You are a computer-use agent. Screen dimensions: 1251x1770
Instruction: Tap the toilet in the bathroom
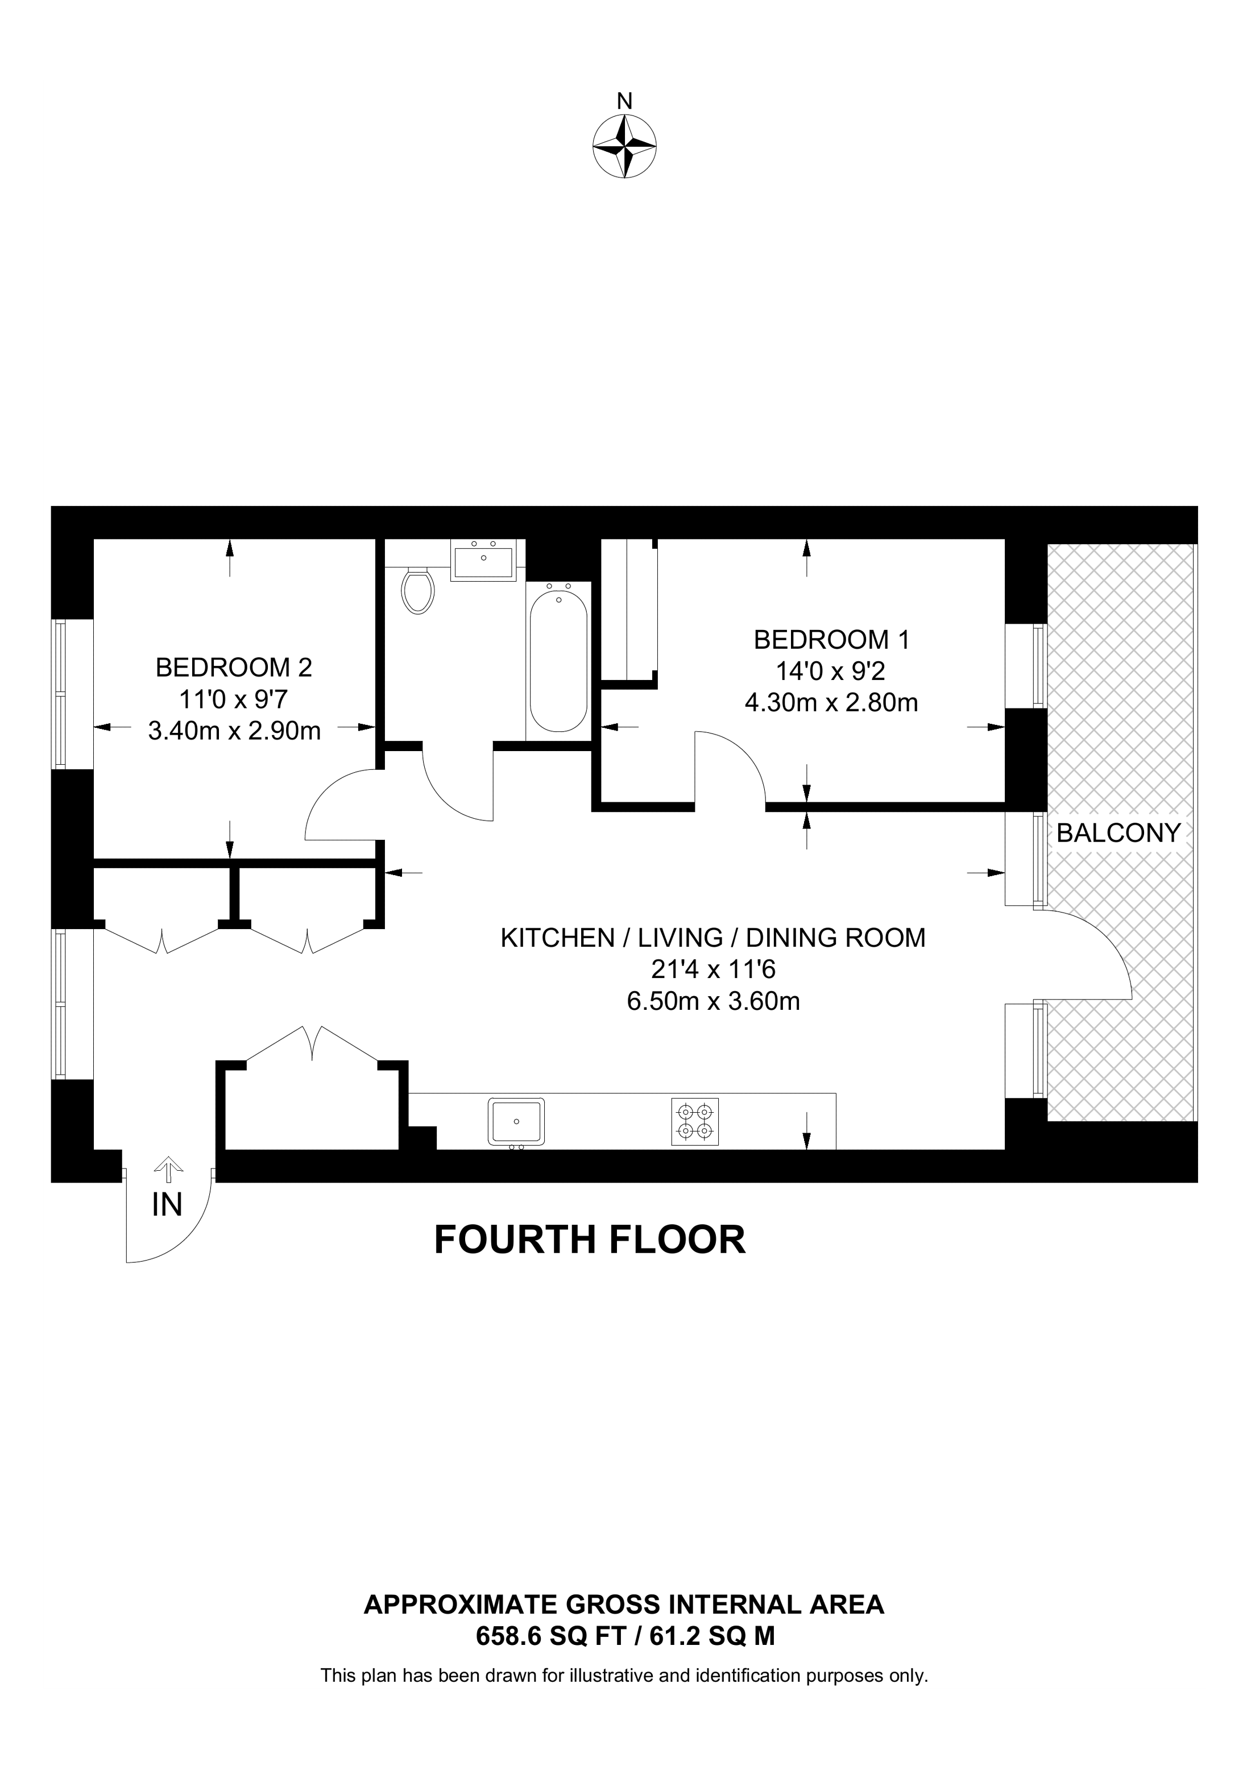coord(419,591)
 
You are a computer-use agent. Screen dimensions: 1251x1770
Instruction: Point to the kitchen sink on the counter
coord(516,1122)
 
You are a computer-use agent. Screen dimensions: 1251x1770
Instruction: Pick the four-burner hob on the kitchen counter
coord(694,1122)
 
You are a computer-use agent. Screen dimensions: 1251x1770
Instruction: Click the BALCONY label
coord(1119,832)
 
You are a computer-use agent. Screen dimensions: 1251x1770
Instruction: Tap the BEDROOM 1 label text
coord(832,640)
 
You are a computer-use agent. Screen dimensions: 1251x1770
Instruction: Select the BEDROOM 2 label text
coord(234,667)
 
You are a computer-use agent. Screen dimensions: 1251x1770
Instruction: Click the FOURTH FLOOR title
coord(590,1240)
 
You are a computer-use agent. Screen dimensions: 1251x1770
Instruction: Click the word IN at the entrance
coord(167,1205)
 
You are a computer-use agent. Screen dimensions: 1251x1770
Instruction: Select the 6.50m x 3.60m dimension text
coord(713,1001)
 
